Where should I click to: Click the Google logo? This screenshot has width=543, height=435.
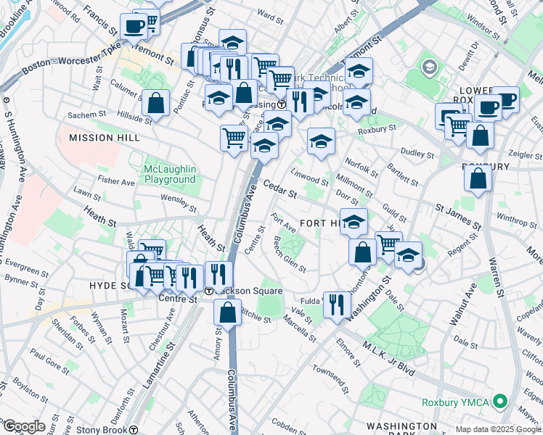[x=23, y=426]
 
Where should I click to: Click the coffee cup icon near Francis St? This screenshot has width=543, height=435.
[x=134, y=27]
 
